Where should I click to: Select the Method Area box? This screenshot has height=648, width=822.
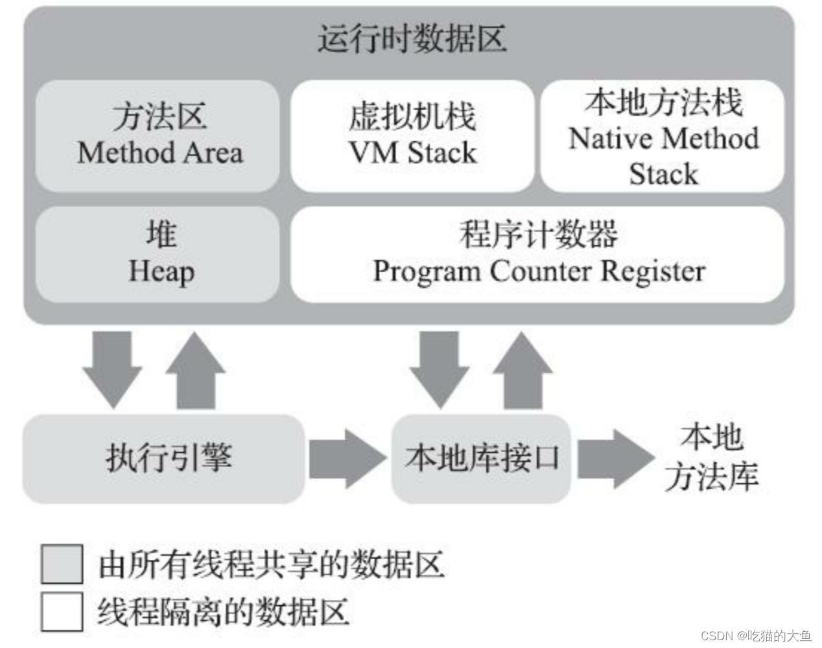pos(158,135)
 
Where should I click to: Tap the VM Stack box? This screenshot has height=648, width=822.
pos(412,135)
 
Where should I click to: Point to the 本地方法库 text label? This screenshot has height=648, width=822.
pos(711,457)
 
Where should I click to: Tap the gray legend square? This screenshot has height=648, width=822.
pos(62,564)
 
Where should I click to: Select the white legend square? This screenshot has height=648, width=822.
pos(62,611)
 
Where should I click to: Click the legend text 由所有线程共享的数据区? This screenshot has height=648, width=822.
pos(271,564)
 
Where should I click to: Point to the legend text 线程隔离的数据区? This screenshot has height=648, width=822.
pos(223,611)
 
